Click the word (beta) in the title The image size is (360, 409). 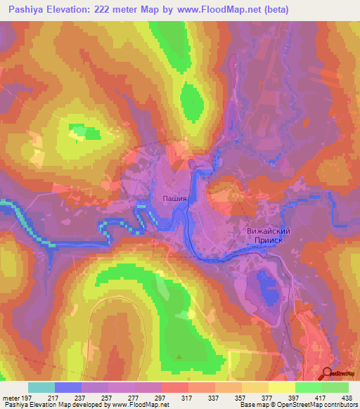coord(272,10)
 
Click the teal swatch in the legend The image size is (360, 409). coord(41,387)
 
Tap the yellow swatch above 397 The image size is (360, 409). coord(281,387)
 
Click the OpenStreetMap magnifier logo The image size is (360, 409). coord(326,373)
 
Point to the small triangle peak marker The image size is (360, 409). coord(179,357)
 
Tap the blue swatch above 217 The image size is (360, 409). coord(67,387)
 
